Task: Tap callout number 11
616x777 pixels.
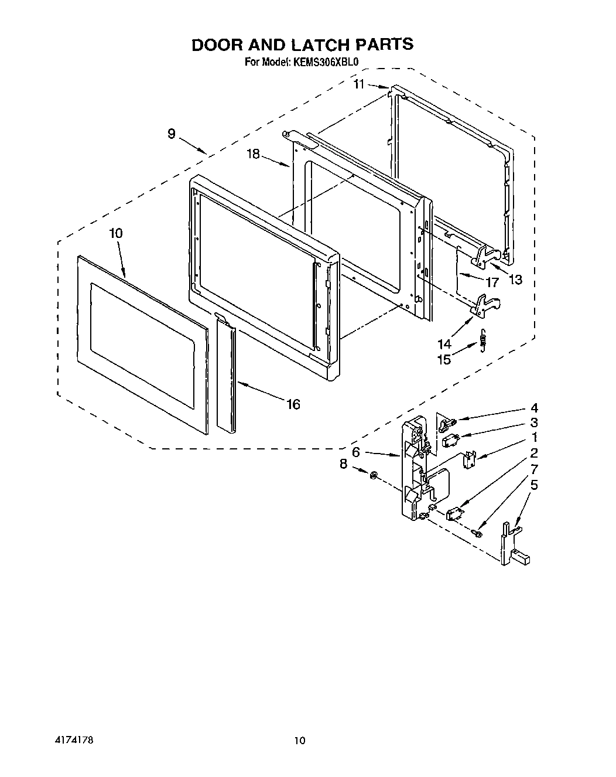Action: pos(359,84)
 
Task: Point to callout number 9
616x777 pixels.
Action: pos(171,134)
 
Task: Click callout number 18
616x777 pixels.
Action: pos(253,154)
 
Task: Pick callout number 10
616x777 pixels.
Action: pos(115,233)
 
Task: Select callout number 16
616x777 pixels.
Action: pos(293,404)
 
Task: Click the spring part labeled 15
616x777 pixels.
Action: pos(482,341)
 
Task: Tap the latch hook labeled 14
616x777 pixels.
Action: pos(486,306)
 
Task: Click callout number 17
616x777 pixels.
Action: pos(492,282)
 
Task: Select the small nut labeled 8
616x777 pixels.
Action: pos(374,473)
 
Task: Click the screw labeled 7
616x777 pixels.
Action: pos(478,533)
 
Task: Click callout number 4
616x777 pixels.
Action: pos(533,407)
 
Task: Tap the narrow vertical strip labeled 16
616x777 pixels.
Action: pos(225,375)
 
